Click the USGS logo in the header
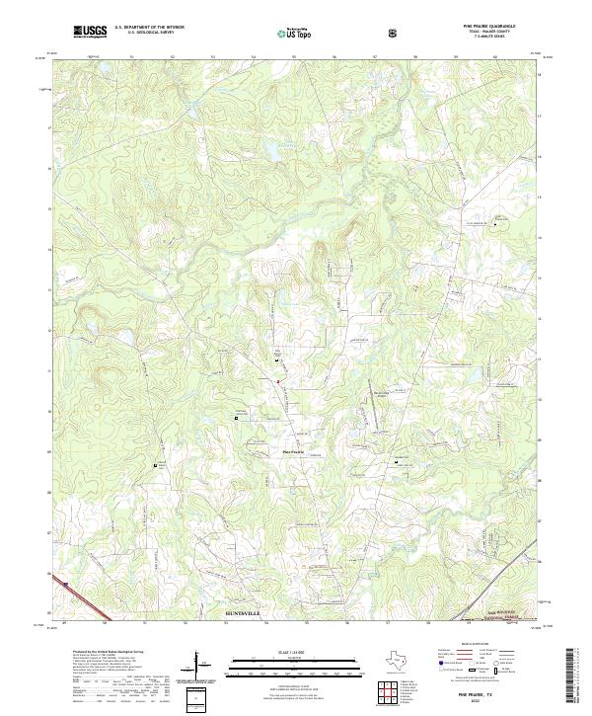tap(91, 32)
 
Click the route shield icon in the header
tap(395, 33)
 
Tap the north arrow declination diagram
tap(202, 672)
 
